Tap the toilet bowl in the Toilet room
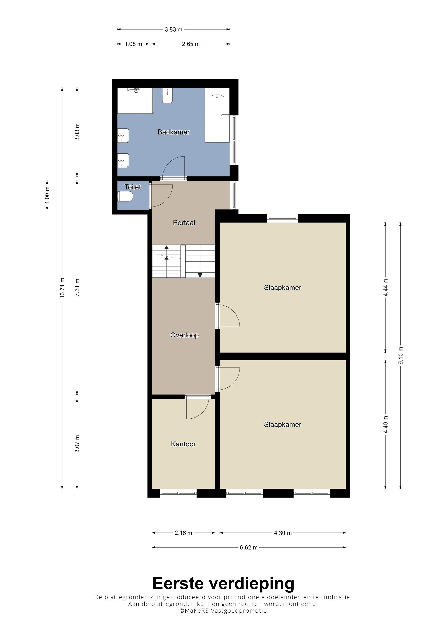point(126,196)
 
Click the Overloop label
point(184,335)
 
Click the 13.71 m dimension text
point(62,288)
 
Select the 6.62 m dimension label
point(249,548)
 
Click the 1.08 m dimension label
point(133,44)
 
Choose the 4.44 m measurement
point(385,288)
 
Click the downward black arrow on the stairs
point(200,275)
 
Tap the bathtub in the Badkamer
point(217,115)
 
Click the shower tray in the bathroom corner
point(135,101)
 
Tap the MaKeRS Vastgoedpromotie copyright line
point(223,610)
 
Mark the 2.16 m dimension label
point(183,533)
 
